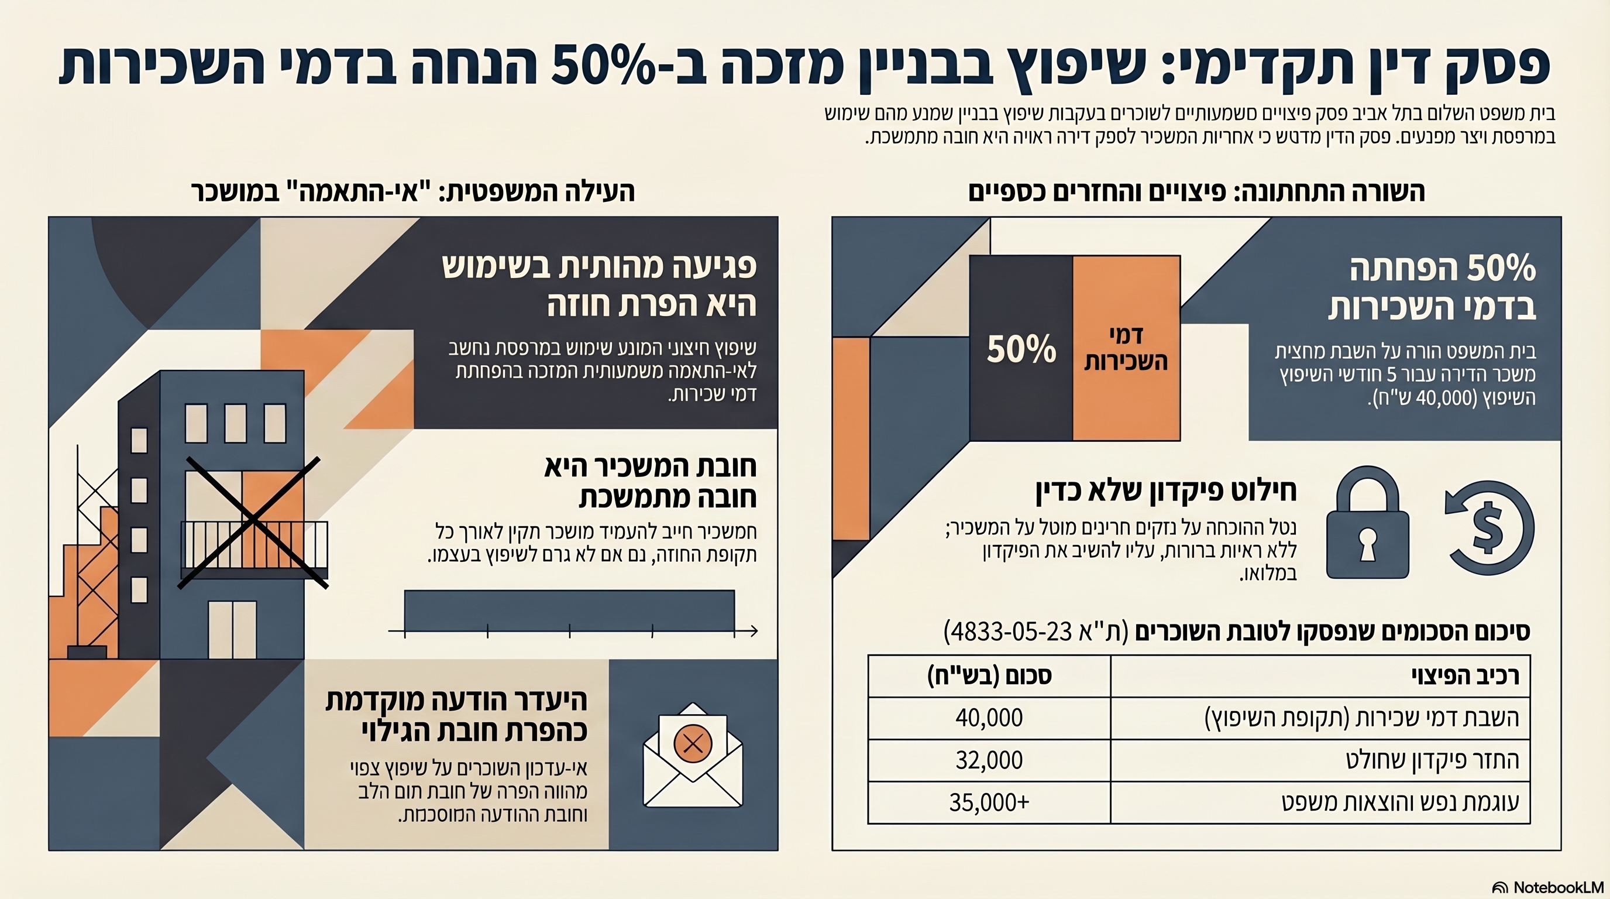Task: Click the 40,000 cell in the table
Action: (989, 718)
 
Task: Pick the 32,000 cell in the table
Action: (989, 760)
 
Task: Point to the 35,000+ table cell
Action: (989, 802)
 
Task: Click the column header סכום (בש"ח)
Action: (989, 676)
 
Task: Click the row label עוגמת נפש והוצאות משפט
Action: (1400, 802)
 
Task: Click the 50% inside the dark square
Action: (1021, 349)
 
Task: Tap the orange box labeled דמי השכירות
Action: (1126, 348)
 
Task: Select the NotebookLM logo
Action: (1547, 887)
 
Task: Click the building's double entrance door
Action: (232, 629)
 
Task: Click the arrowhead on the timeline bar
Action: (754, 632)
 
